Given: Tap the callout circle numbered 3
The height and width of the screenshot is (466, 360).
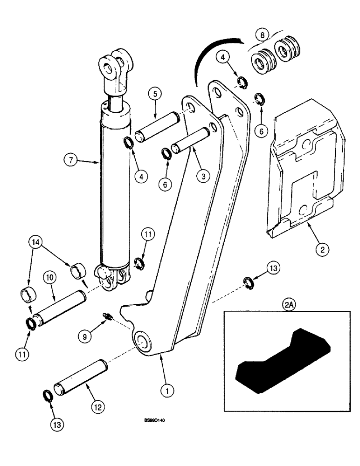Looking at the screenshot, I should click(x=203, y=176).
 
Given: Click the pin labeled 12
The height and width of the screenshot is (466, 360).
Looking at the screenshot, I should click(x=81, y=377).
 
